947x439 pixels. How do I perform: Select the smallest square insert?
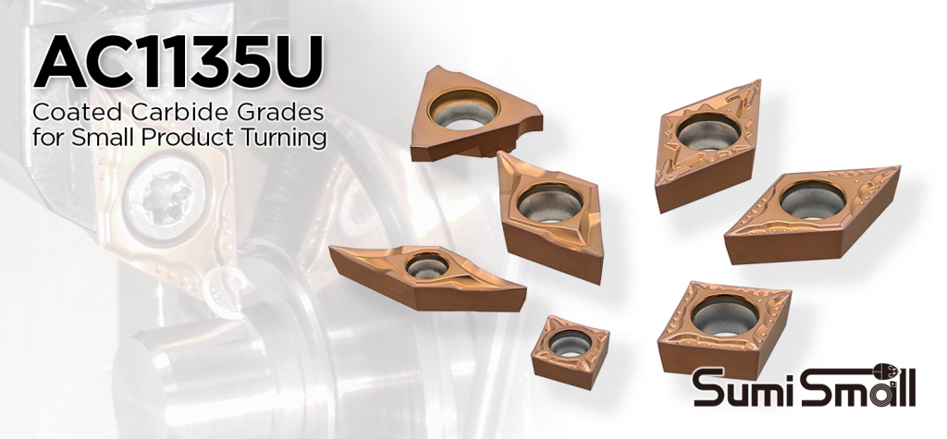(x=569, y=346)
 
